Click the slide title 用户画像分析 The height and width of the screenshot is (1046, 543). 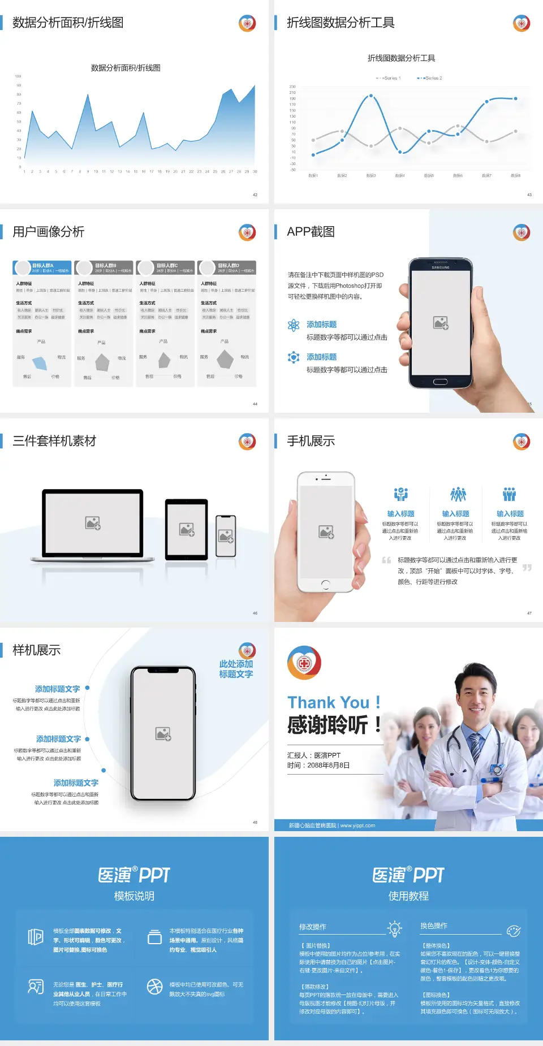tap(49, 232)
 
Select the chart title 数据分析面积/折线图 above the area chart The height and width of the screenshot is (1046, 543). tap(126, 68)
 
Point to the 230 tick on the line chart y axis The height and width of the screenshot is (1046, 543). tap(292, 87)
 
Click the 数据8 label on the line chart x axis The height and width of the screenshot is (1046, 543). tap(515, 176)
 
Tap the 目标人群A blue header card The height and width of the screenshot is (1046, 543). tap(42, 267)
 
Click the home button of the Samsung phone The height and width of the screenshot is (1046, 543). tap(440, 382)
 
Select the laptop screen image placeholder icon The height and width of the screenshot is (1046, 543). tap(93, 523)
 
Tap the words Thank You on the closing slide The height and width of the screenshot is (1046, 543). tap(329, 703)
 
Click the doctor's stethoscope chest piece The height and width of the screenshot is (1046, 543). tap(497, 770)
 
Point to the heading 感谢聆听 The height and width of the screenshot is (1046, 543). tap(328, 725)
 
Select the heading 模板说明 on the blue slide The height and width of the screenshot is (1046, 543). tap(134, 896)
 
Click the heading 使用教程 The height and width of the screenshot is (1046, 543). tap(408, 896)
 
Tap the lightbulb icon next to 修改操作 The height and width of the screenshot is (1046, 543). tap(394, 928)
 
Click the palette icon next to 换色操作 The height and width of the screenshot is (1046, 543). tap(514, 931)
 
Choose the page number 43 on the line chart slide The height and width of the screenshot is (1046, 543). tap(529, 194)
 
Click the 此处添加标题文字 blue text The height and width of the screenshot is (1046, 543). tap(236, 669)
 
